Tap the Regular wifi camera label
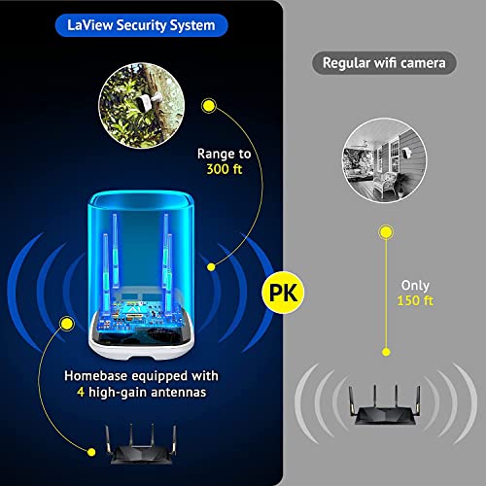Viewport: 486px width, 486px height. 384,63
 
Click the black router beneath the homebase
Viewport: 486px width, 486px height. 141,451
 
